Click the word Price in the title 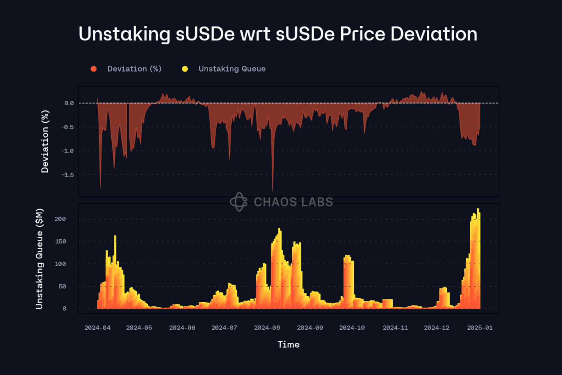(363, 34)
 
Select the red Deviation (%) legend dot (94, 69)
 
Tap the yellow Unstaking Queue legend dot (185, 69)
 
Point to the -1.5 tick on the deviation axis (68, 175)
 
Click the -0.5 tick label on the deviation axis (67, 127)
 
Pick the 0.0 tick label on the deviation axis (69, 103)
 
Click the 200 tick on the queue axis (60, 219)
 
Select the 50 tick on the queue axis (62, 286)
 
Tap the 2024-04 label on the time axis (97, 328)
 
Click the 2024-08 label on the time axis (267, 328)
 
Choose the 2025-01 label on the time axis (480, 328)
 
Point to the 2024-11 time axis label (395, 328)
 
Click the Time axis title (288, 345)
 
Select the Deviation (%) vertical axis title (45, 141)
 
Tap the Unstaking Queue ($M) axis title (39, 259)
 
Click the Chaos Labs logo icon (239, 202)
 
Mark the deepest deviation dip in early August (272, 190)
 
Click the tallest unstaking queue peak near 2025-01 (478, 209)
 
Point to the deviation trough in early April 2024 (100, 187)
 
